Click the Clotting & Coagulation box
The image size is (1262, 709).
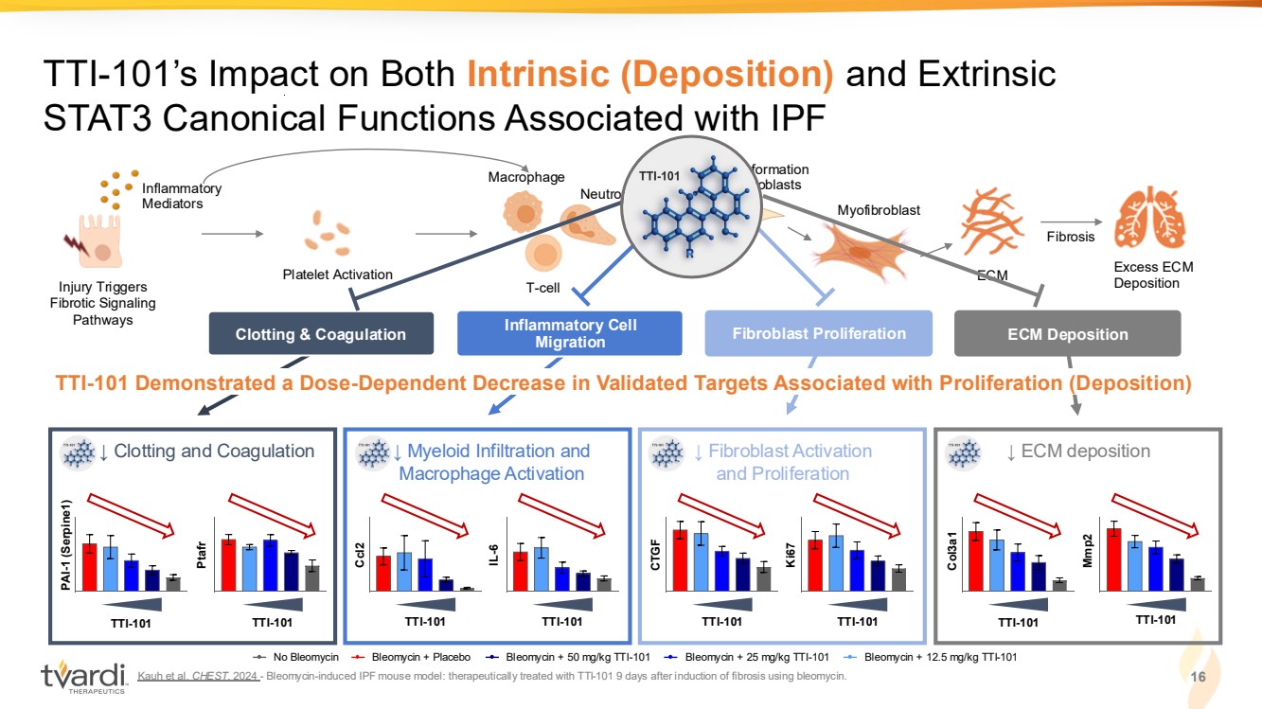click(320, 334)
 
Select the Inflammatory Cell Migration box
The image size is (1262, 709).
click(570, 334)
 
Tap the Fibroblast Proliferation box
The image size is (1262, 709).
click(819, 333)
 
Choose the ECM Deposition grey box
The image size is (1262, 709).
click(1067, 334)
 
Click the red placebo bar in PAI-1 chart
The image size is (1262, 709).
click(90, 566)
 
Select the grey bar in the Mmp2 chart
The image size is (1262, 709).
click(1198, 583)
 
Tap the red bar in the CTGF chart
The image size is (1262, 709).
click(680, 559)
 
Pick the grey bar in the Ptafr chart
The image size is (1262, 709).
click(312, 577)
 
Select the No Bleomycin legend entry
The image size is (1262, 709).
click(295, 657)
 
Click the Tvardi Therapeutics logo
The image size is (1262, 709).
click(83, 676)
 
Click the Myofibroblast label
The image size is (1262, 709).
click(879, 209)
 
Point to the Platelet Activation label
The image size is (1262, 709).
click(337, 275)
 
